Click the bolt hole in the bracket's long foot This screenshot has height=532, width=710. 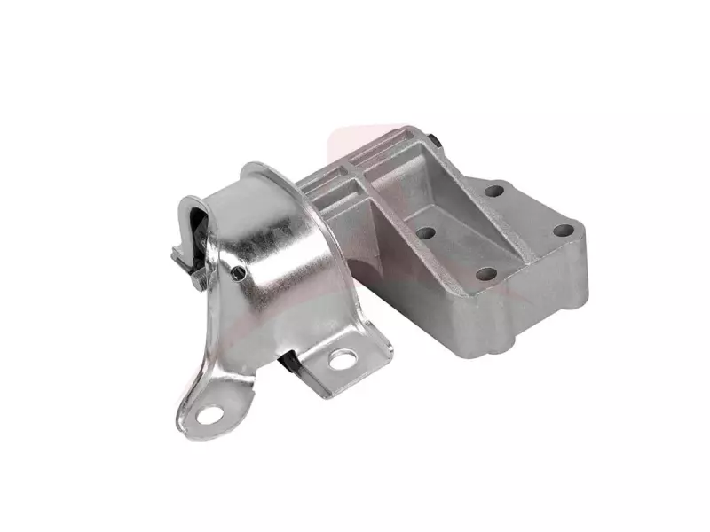pyautogui.click(x=210, y=413)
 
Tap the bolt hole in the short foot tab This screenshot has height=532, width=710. pyautogui.click(x=342, y=359)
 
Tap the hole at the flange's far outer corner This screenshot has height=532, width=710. pyautogui.click(x=563, y=230)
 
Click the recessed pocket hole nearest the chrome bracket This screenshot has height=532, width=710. pyautogui.click(x=425, y=233)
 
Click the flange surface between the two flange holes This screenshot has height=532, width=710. pyautogui.click(x=529, y=210)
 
